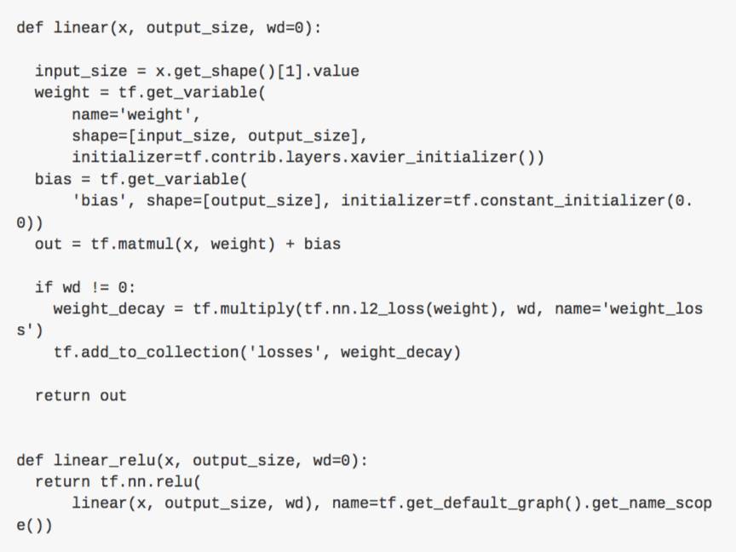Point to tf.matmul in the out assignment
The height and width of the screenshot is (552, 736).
click(127, 244)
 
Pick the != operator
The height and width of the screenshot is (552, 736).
click(100, 287)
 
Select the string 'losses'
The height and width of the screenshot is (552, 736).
click(285, 352)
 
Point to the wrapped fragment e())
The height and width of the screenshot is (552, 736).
click(35, 526)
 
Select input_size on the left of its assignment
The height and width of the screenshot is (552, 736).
click(81, 71)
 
